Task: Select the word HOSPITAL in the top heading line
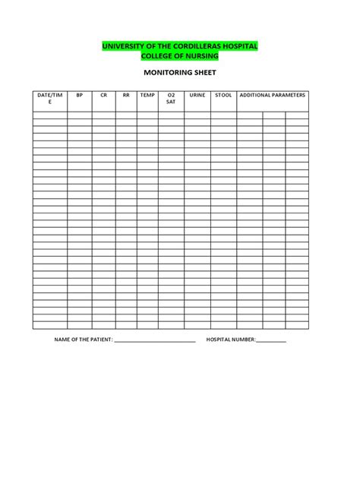(x=240, y=47)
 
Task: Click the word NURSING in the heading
(x=199, y=56)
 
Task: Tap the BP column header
(x=79, y=96)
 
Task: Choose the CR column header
(x=103, y=96)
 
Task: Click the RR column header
(x=126, y=96)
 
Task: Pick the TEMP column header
(x=147, y=96)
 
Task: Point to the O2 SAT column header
(x=170, y=99)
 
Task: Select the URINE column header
(x=197, y=96)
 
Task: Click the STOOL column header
(x=223, y=96)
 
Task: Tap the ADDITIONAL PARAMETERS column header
(x=272, y=96)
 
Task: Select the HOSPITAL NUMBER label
(x=231, y=339)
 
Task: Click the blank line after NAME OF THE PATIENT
(x=154, y=341)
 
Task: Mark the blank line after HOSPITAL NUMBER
(x=271, y=341)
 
